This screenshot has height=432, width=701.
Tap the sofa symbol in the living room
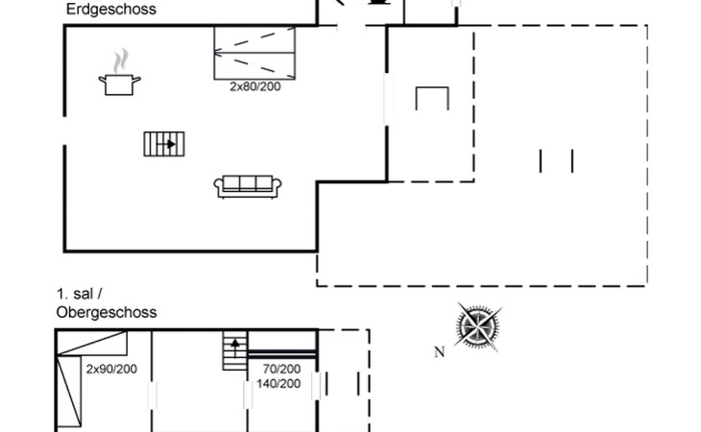click(248, 187)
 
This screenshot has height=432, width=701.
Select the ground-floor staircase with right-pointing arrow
click(164, 144)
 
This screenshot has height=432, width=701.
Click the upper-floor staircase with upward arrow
click(235, 350)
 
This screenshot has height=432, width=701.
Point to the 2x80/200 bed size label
click(255, 86)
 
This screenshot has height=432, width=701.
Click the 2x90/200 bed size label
click(111, 369)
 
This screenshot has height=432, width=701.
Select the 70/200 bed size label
click(281, 369)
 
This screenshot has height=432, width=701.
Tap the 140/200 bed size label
click(278, 384)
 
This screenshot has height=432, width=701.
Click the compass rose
click(478, 326)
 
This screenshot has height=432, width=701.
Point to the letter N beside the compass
click(439, 352)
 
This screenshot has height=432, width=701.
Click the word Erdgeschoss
click(110, 10)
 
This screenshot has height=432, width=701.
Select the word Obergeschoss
click(107, 312)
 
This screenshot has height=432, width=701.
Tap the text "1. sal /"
click(79, 294)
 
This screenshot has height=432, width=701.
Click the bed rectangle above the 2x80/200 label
click(254, 53)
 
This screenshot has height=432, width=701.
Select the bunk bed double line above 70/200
click(282, 354)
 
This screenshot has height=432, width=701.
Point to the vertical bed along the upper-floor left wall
click(69, 391)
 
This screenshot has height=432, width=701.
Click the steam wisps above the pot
click(121, 61)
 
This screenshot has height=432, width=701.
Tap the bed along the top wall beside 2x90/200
click(92, 343)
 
